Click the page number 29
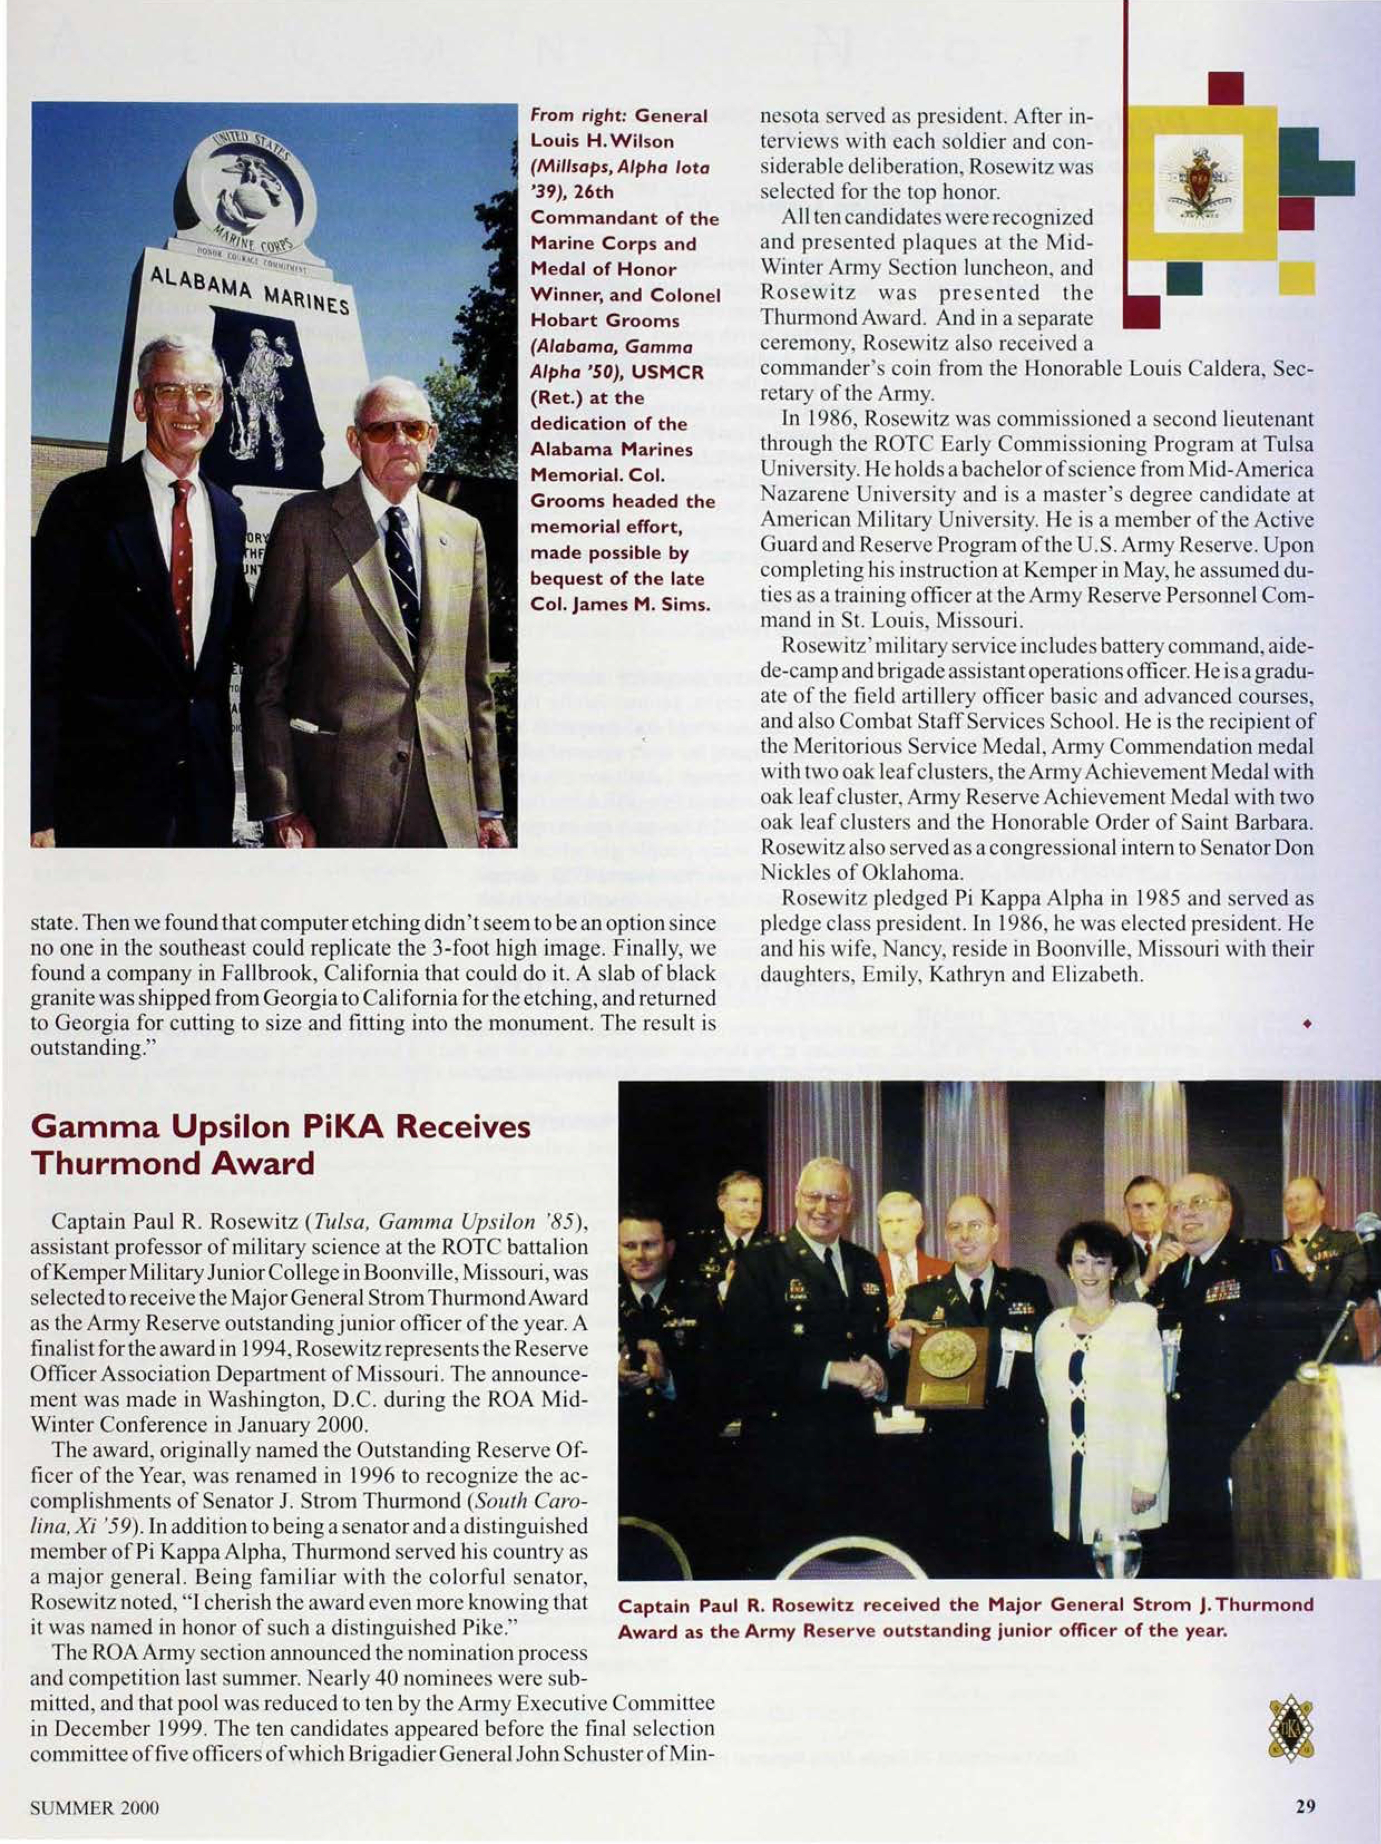[x=1305, y=1807]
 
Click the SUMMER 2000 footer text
[x=94, y=1807]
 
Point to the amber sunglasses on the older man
[x=395, y=431]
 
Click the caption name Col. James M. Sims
[x=620, y=604]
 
